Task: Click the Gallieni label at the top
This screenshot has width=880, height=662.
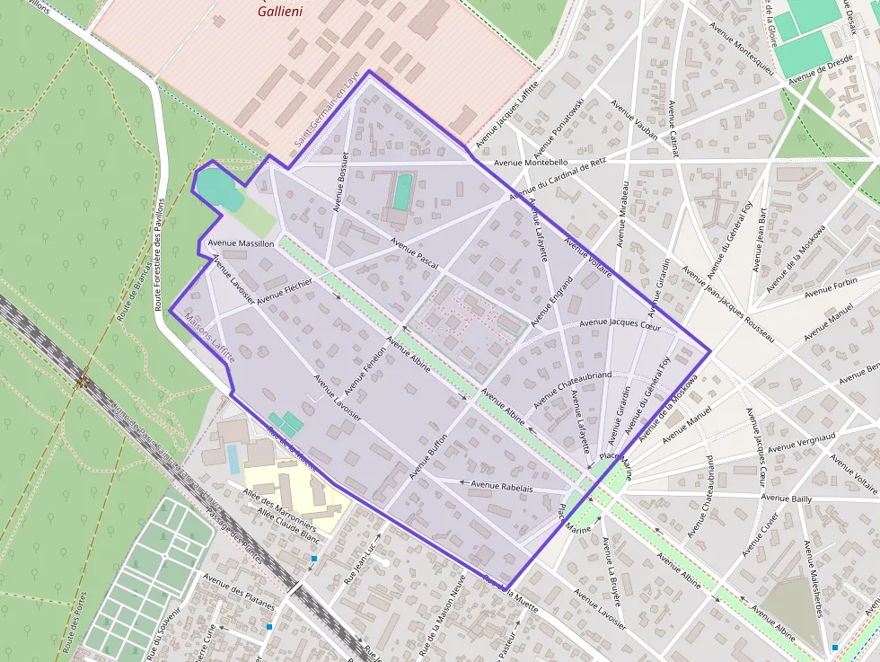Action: pos(279,11)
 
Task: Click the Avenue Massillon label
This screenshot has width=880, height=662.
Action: pos(241,243)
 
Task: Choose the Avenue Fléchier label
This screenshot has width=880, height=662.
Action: pos(284,291)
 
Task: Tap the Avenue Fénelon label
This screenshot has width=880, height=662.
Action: pos(364,373)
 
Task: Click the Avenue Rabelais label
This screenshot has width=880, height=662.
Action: pos(502,486)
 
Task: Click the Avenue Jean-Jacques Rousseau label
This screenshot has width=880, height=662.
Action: pos(727,304)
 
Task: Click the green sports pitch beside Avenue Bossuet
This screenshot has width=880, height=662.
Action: pos(402,191)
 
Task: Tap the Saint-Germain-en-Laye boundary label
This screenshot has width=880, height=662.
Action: pos(326,110)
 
